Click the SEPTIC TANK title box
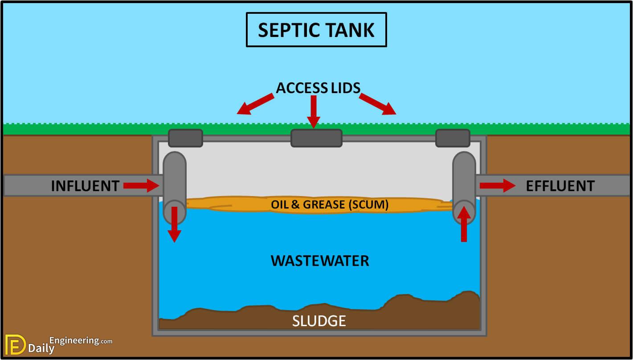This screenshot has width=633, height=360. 316,30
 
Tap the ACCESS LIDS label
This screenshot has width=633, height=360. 318,88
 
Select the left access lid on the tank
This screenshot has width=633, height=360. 185,138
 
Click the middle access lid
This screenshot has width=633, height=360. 316,138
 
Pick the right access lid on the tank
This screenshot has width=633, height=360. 453,138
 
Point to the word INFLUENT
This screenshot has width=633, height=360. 85,186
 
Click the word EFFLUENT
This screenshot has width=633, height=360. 560,186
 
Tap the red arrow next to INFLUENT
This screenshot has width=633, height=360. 141,186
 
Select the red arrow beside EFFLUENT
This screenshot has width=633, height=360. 498,186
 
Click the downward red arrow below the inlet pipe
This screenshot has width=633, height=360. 174,225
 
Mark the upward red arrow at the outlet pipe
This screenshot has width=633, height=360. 464,224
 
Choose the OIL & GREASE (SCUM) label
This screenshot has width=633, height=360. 330,205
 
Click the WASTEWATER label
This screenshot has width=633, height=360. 320,261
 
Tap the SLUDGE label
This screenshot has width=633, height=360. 319,321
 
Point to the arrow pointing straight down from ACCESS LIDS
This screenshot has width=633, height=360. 314,112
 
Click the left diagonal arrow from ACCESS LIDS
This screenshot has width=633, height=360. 255,104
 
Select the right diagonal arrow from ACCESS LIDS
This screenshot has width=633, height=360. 378,104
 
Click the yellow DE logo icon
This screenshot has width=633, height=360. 15,344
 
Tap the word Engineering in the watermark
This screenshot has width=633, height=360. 74,340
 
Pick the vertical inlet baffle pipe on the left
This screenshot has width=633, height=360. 175,188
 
